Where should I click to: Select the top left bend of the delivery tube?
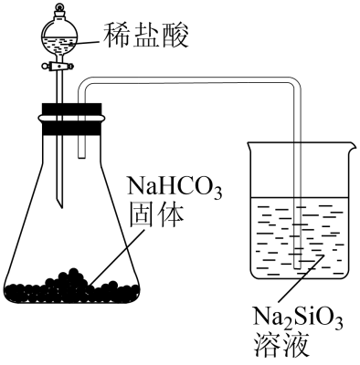click(83, 85)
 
